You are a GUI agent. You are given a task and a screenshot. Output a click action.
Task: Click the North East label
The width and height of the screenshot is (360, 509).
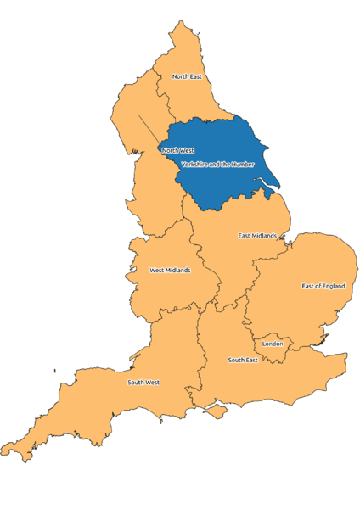[x=187, y=76]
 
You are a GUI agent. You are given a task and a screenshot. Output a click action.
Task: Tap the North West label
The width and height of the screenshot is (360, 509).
[x=177, y=150]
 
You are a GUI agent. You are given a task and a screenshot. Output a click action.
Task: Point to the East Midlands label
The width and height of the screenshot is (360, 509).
[x=257, y=235]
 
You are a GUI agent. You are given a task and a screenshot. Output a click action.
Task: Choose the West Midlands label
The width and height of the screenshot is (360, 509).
[x=170, y=271]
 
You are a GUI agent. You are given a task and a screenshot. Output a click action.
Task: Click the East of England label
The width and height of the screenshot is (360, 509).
[x=323, y=286]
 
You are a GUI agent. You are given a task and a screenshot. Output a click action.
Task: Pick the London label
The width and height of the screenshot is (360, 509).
[x=273, y=344]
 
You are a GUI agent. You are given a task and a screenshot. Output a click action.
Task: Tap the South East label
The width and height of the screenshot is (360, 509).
[x=243, y=360]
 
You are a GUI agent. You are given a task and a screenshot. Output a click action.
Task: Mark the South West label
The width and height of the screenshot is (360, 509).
[x=143, y=382]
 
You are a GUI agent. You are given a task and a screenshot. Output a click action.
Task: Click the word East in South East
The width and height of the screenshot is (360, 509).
[x=251, y=360]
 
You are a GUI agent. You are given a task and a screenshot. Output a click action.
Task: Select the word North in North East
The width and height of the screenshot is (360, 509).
[x=180, y=76]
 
